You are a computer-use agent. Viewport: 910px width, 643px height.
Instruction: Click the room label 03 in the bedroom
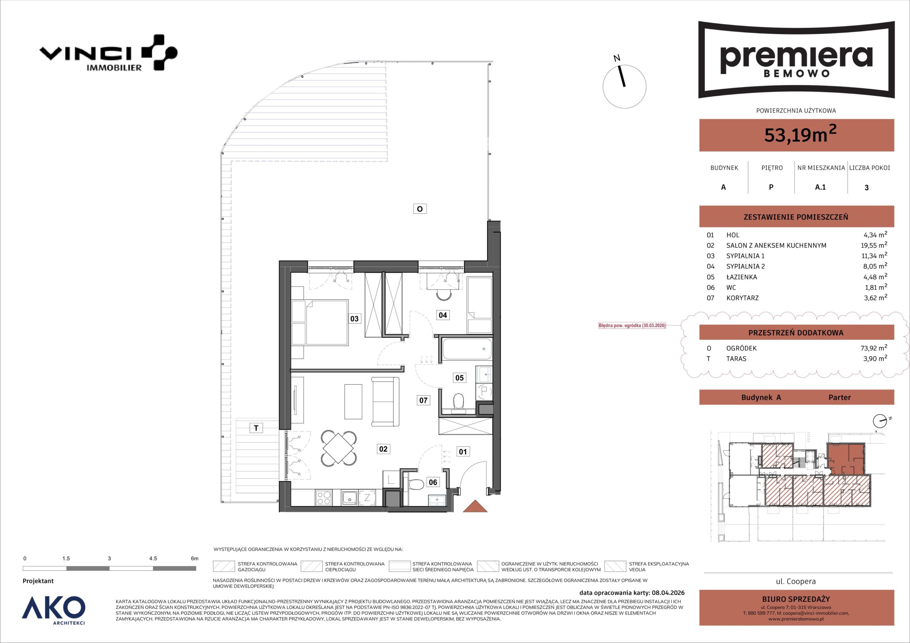(x=354, y=319)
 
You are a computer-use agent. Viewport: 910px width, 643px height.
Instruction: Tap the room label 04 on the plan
(x=443, y=315)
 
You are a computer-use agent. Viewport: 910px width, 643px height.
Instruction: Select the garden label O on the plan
(x=420, y=209)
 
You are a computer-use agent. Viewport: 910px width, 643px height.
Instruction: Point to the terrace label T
(x=256, y=428)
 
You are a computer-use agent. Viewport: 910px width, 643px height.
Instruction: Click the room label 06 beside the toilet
(x=433, y=482)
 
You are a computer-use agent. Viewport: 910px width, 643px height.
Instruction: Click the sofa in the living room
(x=385, y=402)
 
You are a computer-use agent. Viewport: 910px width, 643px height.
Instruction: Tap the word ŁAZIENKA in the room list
(x=742, y=277)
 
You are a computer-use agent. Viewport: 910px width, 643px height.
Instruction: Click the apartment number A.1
(x=820, y=187)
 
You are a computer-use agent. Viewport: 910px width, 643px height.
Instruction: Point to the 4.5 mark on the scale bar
(x=153, y=558)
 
